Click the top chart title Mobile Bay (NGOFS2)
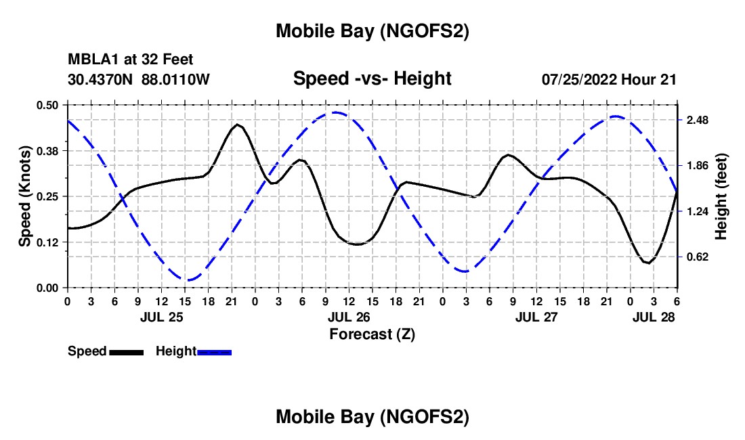(x=372, y=32)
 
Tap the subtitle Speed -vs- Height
(x=372, y=79)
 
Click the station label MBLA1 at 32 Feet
(x=131, y=60)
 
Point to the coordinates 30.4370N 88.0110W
(x=139, y=79)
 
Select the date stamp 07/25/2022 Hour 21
(x=609, y=79)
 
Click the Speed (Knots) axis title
(x=25, y=196)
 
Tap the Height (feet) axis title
(x=721, y=196)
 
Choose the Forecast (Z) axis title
(x=372, y=334)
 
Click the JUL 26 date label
(x=349, y=317)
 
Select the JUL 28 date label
(x=654, y=317)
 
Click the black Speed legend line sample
(x=126, y=352)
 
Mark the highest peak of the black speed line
(x=238, y=125)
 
